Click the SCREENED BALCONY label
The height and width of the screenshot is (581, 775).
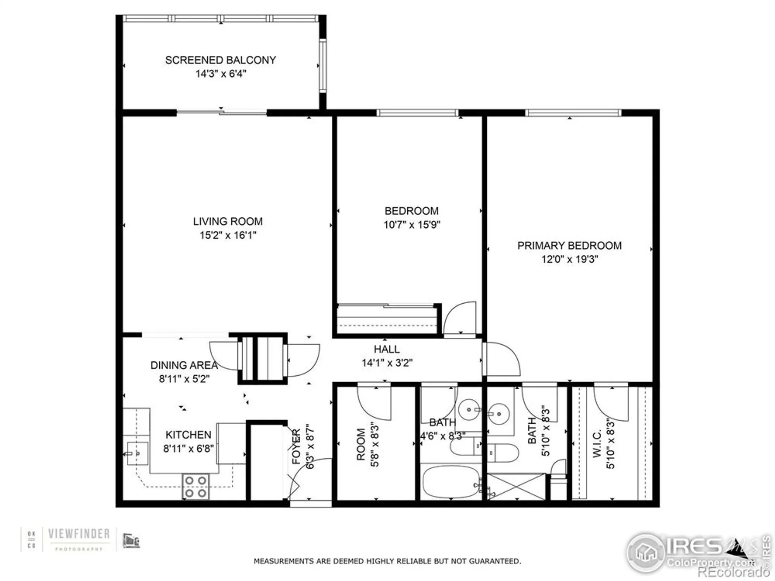[x=220, y=60]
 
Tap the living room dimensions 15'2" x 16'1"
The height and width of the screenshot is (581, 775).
[x=228, y=235]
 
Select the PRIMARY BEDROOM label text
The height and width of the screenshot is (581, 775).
[x=569, y=246]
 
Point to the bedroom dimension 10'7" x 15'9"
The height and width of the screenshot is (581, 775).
[x=412, y=225]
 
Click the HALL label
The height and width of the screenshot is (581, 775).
[x=387, y=349]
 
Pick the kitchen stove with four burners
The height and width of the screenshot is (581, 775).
[x=196, y=486]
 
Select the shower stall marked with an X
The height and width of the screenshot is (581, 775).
[x=516, y=486]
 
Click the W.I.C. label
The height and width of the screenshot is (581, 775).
[x=597, y=443]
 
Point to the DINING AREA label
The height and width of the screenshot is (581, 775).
[x=184, y=365]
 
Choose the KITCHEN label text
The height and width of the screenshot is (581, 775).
[x=188, y=435]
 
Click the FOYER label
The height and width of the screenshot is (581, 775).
[x=296, y=446]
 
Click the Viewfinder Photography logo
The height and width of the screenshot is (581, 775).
[x=79, y=538]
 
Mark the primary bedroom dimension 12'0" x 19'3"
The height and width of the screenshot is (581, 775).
[x=570, y=259]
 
